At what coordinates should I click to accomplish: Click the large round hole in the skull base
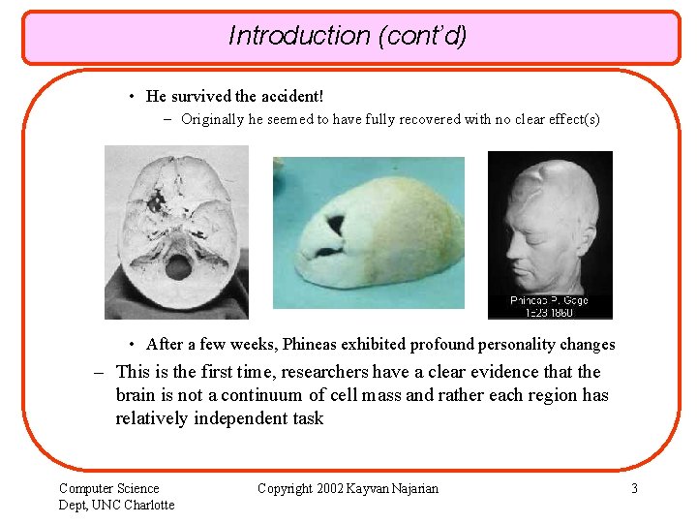coord(177,266)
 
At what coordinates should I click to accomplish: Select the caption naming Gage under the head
coord(550,300)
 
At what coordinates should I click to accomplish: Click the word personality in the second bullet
coord(511,344)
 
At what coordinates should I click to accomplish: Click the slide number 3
coord(634,488)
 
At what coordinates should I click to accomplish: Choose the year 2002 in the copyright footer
coord(331,488)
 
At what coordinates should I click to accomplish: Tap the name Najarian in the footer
coord(412,488)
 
